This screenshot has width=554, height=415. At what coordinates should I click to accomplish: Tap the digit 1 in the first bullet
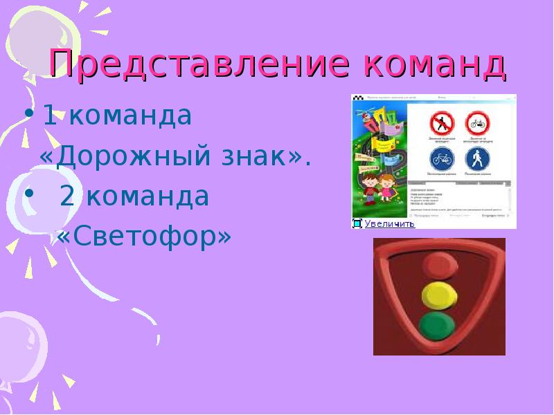(x=49, y=116)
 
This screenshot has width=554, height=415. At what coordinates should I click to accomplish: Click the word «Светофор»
(x=143, y=237)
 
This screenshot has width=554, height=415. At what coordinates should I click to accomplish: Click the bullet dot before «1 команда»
(x=28, y=114)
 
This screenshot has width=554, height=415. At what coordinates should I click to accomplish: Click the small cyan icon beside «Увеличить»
(x=357, y=223)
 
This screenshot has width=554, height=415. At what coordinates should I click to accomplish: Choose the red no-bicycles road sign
(x=477, y=124)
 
